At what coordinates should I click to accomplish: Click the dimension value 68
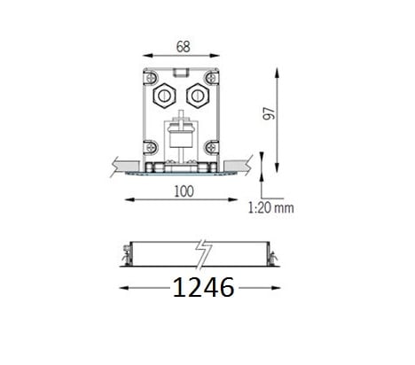pyautogui.click(x=183, y=47)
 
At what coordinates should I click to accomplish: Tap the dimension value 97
pyautogui.click(x=269, y=113)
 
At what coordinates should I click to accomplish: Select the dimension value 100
pyautogui.click(x=184, y=191)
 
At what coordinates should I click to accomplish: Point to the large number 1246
pyautogui.click(x=203, y=287)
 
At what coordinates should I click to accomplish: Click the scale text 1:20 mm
pyautogui.click(x=270, y=208)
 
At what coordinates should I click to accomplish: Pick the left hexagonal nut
pyautogui.click(x=164, y=96)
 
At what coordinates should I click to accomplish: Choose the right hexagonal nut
pyautogui.click(x=198, y=96)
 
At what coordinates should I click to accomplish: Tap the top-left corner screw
pyautogui.click(x=151, y=78)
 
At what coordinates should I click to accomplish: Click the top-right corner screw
pyautogui.click(x=211, y=78)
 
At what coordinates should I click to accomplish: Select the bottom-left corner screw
pyautogui.click(x=151, y=147)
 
